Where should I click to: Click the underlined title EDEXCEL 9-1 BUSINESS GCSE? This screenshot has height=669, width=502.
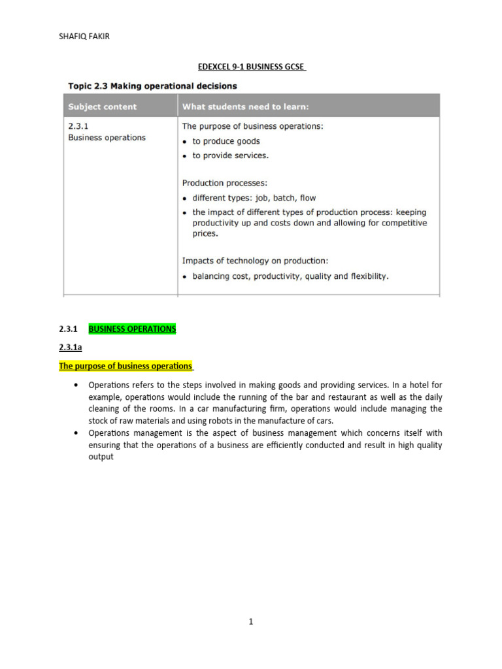tap(251, 67)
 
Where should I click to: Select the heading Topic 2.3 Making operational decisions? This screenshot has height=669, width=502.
tap(153, 86)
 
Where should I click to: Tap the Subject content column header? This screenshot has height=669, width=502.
tap(102, 106)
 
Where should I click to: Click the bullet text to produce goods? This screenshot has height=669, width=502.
tap(226, 141)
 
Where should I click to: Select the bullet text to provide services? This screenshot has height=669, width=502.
tap(230, 155)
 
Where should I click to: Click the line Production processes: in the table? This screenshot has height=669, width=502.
tap(224, 183)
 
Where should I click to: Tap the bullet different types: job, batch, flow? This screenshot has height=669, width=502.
tap(254, 197)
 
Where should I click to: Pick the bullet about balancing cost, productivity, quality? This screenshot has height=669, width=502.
tap(290, 276)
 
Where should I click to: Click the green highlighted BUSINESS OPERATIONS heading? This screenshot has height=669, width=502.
tap(132, 329)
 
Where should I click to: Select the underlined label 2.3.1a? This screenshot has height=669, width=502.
tap(71, 348)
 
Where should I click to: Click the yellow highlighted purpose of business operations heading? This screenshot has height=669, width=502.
tap(125, 367)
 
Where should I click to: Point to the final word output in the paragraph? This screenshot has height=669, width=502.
tap(101, 457)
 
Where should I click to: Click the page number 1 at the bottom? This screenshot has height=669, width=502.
tap(251, 622)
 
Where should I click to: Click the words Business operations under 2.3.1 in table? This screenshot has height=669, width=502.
tap(107, 138)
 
